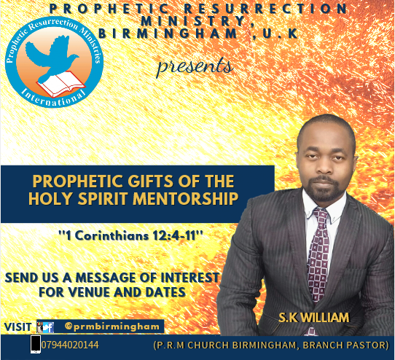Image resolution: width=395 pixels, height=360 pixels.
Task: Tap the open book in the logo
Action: point(61,84)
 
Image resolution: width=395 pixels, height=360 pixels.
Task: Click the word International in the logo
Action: point(53,97)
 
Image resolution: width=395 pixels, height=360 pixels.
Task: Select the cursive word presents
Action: point(195,66)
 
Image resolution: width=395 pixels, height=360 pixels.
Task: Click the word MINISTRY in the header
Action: point(194,21)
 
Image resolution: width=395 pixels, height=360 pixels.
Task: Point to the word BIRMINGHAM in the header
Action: point(168,34)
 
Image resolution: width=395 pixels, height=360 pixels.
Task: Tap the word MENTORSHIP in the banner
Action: point(185,198)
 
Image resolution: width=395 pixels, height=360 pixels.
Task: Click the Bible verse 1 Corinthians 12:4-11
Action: point(131,236)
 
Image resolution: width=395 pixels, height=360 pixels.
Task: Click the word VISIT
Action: point(17,326)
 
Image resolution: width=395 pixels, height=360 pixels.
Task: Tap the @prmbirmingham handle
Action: point(112,326)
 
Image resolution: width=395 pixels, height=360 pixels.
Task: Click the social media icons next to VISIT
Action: point(45,327)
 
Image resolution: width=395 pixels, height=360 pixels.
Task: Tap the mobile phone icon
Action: point(36,344)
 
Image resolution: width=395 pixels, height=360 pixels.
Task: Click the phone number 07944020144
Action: point(70,345)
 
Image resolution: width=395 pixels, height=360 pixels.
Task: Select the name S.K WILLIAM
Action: point(314,318)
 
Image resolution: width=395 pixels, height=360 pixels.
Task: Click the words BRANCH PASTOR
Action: point(344,345)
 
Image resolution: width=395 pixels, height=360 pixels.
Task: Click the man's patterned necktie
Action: point(318,254)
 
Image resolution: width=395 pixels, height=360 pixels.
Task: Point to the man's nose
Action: point(324,168)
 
